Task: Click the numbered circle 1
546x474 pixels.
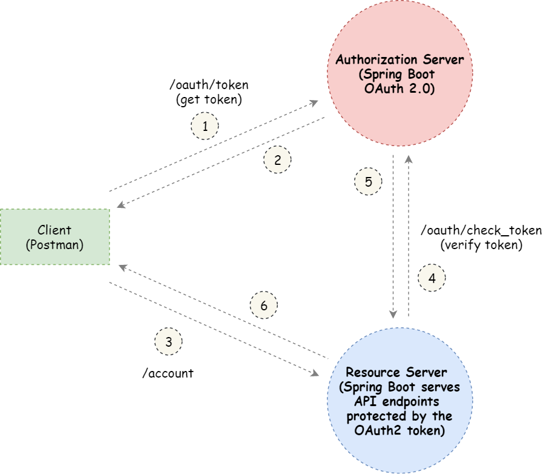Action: tap(205, 127)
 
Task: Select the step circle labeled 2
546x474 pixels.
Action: tap(277, 161)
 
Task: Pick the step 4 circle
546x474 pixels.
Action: tap(432, 278)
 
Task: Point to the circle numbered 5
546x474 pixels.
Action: tap(368, 181)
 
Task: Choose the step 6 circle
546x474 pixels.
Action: tap(263, 306)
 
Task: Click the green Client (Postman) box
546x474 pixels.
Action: tap(54, 237)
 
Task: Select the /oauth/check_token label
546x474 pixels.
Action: tap(481, 231)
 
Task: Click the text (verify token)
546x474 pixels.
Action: tap(480, 245)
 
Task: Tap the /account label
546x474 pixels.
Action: tap(168, 373)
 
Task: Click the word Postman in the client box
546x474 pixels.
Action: tap(54, 245)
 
